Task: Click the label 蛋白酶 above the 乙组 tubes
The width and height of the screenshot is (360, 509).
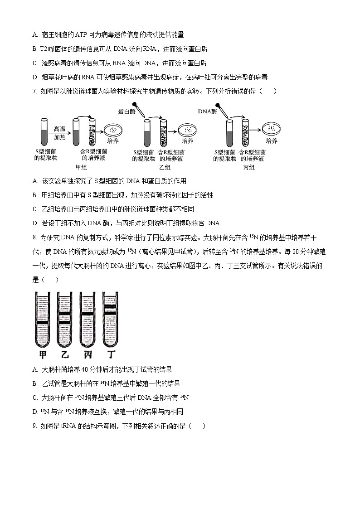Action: pyautogui.click(x=127, y=111)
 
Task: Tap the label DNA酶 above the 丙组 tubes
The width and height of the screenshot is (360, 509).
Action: pyautogui.click(x=207, y=111)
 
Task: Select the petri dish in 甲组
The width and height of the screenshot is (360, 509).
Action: pyautogui.click(x=113, y=130)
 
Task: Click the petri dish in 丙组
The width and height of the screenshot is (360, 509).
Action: pyautogui.click(x=272, y=130)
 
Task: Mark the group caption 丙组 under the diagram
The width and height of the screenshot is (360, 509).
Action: pyautogui.click(x=249, y=167)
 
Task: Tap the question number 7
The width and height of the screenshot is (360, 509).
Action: pyautogui.click(x=34, y=91)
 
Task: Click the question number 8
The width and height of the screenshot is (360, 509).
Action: pyautogui.click(x=34, y=237)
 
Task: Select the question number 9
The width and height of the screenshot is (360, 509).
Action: pyautogui.click(x=34, y=426)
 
